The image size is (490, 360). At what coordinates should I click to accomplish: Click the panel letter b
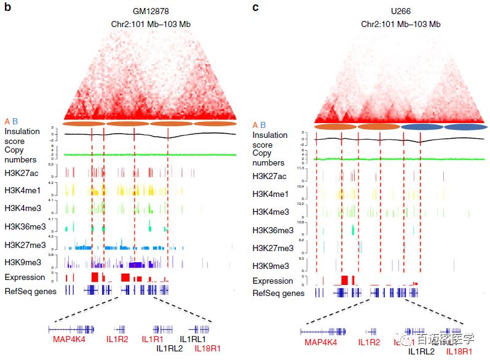pyautogui.click(x=7, y=7)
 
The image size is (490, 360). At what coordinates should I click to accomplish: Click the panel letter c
pyautogui.click(x=256, y=7)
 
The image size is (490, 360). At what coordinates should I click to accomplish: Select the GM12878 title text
pyautogui.click(x=150, y=11)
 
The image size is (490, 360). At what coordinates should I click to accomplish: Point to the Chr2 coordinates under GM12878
pyautogui.click(x=150, y=23)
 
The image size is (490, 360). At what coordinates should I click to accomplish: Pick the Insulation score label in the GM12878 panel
pyautogui.click(x=22, y=136)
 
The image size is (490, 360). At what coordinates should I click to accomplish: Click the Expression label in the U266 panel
pyautogui.click(x=273, y=281)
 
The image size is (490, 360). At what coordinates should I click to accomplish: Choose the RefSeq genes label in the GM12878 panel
pyautogui.click(x=30, y=290)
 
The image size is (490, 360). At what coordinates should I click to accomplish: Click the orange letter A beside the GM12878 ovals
pyautogui.click(x=7, y=121)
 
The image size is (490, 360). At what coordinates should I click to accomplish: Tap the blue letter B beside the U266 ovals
pyautogui.click(x=263, y=125)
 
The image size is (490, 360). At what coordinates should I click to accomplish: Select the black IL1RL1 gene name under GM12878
pyautogui.click(x=192, y=339)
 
